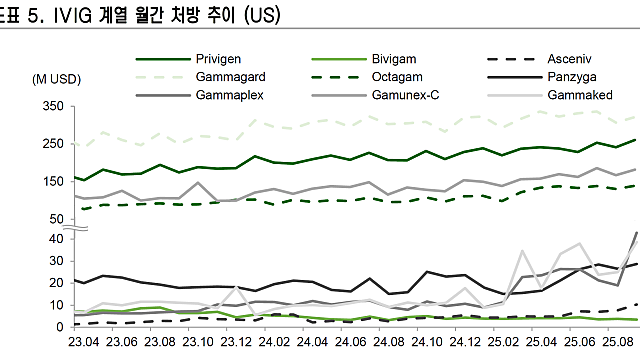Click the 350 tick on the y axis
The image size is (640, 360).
(53, 106)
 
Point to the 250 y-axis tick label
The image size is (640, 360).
(53, 144)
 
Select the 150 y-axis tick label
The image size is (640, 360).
(53, 181)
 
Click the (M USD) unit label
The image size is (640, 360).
(56, 78)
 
